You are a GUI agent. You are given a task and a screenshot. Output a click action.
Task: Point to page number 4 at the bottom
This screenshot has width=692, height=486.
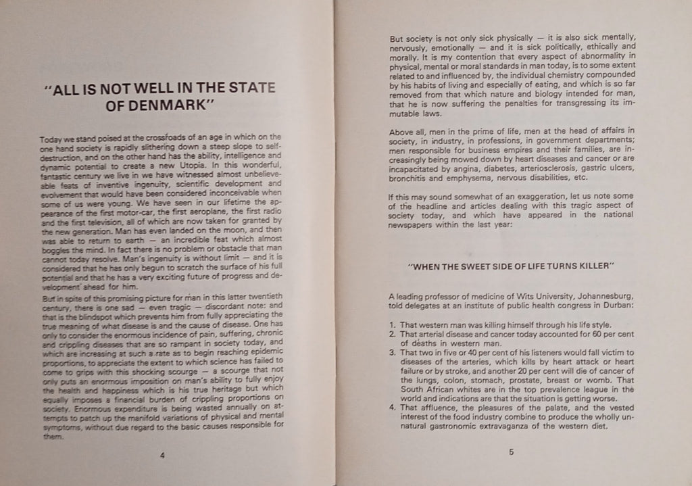click(162, 455)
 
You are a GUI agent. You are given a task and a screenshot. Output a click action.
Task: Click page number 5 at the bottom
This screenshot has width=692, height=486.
click(511, 454)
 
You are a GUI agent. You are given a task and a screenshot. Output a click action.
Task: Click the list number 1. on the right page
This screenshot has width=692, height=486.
click(394, 325)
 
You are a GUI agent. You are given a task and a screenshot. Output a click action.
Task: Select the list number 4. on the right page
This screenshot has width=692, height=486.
click(393, 408)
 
